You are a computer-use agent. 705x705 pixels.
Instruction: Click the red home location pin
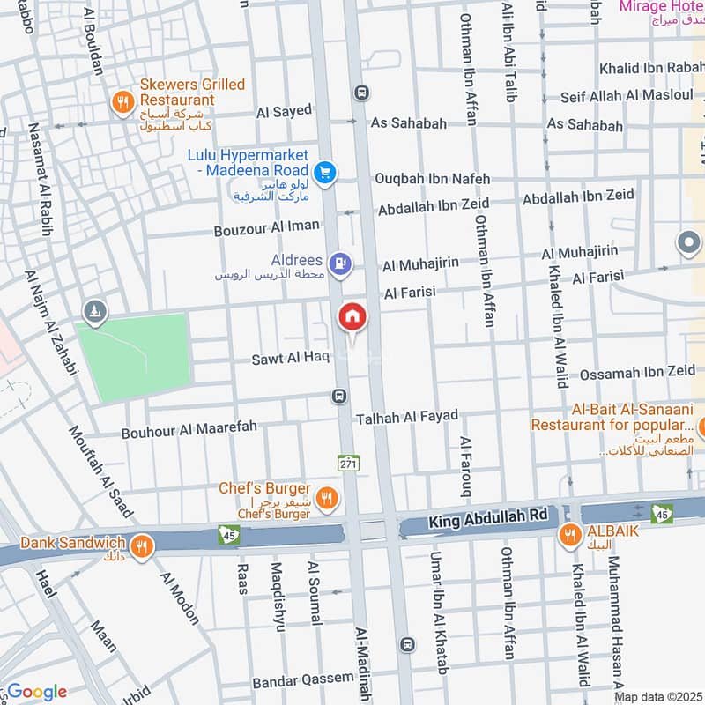352,316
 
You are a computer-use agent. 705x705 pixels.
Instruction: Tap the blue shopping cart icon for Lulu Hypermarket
326,173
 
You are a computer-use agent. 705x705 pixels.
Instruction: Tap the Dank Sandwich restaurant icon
143,546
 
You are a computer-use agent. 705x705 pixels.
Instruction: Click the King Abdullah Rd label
488,522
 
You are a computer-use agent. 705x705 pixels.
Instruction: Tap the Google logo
37,692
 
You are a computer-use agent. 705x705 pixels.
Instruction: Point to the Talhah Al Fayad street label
406,415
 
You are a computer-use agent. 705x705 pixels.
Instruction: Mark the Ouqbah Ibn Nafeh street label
432,178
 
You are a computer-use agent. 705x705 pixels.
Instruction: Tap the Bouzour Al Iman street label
267,227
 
